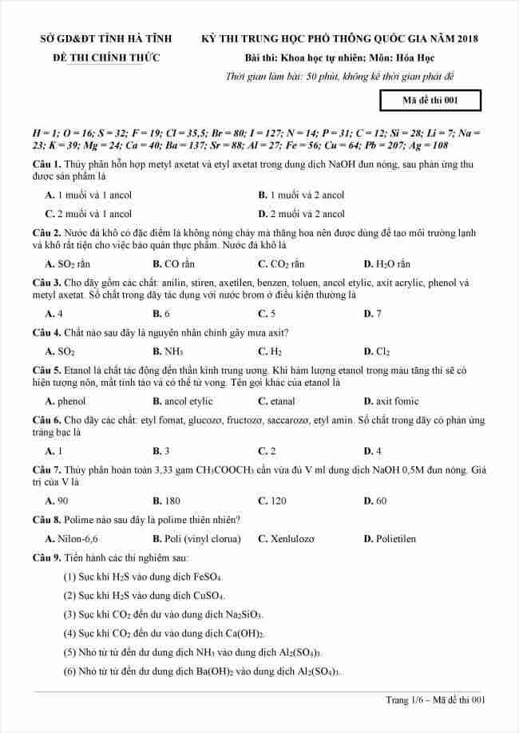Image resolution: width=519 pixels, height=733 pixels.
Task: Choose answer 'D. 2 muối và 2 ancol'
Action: pyautogui.click(x=301, y=214)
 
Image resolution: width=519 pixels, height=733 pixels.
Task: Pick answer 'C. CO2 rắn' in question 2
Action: pyautogui.click(x=281, y=264)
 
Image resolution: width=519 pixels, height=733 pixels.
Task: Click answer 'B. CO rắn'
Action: pyautogui.click(x=173, y=264)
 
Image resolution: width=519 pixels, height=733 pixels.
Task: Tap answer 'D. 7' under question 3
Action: pyautogui.click(x=372, y=314)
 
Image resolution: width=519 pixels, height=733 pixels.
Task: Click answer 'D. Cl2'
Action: pyautogui.click(x=376, y=351)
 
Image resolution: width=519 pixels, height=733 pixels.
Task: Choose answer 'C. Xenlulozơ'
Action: pyautogui.click(x=290, y=539)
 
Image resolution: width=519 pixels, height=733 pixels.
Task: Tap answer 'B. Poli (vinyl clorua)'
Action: pyautogui.click(x=196, y=539)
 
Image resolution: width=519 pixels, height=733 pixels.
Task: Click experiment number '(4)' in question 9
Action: pyautogui.click(x=69, y=634)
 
